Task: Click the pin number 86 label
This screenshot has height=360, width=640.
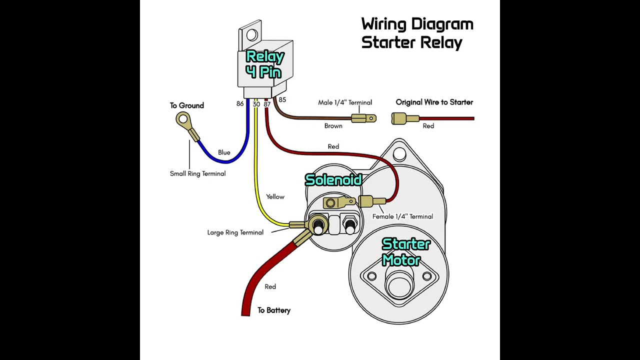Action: pyautogui.click(x=240, y=103)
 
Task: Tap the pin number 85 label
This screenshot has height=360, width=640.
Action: pyautogui.click(x=282, y=100)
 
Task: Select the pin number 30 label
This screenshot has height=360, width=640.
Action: pyautogui.click(x=256, y=104)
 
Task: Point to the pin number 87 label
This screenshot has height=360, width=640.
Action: pyautogui.click(x=267, y=104)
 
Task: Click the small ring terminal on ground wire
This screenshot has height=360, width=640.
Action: pyautogui.click(x=183, y=119)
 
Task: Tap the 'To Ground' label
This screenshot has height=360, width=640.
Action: pyautogui.click(x=186, y=105)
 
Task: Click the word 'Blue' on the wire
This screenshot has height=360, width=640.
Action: pyautogui.click(x=224, y=152)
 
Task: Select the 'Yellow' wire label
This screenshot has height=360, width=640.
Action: pyautogui.click(x=275, y=197)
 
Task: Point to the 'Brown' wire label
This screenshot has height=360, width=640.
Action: pyautogui.click(x=333, y=126)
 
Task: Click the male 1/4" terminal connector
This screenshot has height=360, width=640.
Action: pyautogui.click(x=363, y=118)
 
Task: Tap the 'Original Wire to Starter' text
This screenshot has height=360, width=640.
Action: pyautogui.click(x=434, y=102)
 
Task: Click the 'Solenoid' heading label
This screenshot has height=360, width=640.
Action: pyautogui.click(x=333, y=180)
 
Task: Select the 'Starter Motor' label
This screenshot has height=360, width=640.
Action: pyautogui.click(x=405, y=252)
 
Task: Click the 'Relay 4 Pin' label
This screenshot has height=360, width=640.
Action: pyautogui.click(x=264, y=64)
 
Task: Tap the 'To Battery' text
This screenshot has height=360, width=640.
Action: pyautogui.click(x=273, y=310)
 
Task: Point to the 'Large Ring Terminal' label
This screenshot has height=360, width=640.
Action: pyautogui.click(x=235, y=232)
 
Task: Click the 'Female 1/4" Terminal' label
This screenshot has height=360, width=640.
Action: pyautogui.click(x=402, y=216)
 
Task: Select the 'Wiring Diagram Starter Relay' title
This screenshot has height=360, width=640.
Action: pyautogui.click(x=416, y=33)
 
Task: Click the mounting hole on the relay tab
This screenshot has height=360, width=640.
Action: pyautogui.click(x=251, y=35)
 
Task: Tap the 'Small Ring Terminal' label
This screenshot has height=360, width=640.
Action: pyautogui.click(x=197, y=173)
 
